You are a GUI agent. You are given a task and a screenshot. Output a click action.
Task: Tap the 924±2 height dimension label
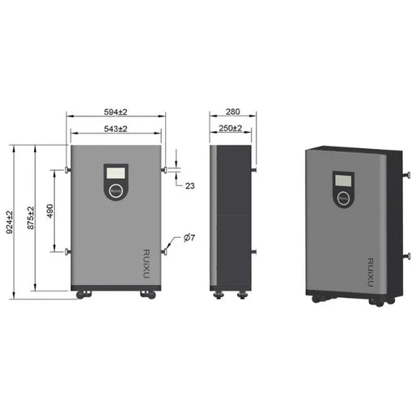tap(11, 223)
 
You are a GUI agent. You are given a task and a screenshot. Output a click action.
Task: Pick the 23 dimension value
tap(190, 186)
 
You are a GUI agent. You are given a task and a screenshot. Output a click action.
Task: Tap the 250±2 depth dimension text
tap(231, 129)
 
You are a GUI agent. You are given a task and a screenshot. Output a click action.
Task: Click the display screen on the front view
tap(116, 172)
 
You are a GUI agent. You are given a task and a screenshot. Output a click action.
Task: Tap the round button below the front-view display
tap(116, 192)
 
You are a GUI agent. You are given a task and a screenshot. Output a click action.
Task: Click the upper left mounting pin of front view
tap(67, 170)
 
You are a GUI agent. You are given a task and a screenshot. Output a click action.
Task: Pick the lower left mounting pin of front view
tap(67, 252)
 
